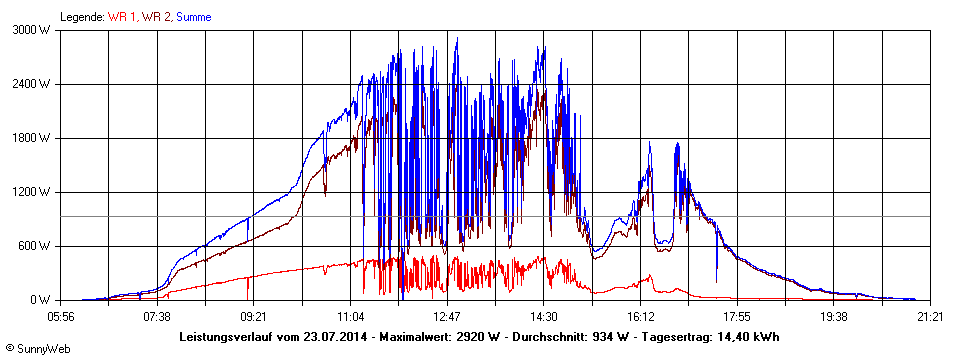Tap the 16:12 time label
(640, 317)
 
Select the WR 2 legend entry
(157, 17)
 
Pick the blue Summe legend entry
(194, 17)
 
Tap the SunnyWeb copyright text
(38, 348)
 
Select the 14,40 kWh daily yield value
(745, 337)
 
